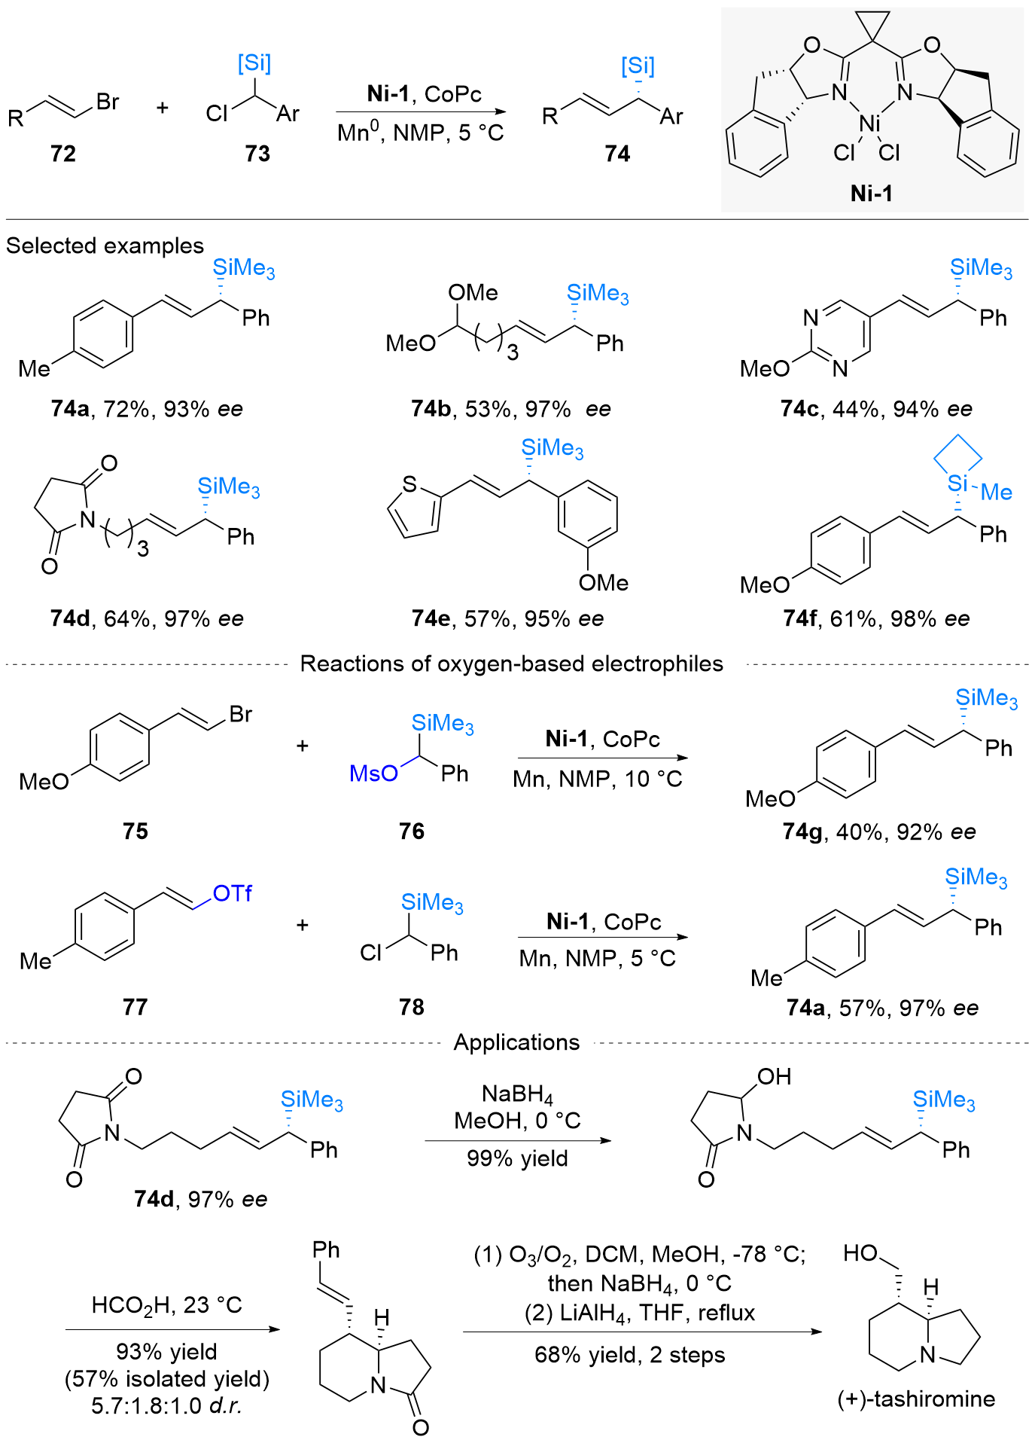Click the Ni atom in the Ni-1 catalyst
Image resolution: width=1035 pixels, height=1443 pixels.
869,123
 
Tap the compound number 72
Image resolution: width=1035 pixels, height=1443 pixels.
63,154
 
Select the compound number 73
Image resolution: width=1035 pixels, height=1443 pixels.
257,154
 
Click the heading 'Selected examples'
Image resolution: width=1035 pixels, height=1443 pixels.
105,246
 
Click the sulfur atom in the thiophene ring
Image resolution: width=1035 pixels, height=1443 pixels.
409,484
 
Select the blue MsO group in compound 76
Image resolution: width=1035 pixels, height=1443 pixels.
373,773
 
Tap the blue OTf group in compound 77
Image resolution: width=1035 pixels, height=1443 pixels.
232,894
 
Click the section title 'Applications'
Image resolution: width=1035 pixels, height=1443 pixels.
516,1042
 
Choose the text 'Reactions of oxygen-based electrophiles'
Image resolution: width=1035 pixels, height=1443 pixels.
511,664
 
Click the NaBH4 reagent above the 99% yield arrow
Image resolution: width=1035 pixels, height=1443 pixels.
517,1094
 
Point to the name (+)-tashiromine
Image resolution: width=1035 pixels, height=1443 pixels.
916,1399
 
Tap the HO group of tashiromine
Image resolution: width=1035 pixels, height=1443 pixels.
860,1253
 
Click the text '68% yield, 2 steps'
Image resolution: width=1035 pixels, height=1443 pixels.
629,1355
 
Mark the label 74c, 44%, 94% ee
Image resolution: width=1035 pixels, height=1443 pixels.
876,409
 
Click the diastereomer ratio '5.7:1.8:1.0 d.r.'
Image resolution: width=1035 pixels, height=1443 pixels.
166,1405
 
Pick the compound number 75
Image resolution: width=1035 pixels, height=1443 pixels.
135,831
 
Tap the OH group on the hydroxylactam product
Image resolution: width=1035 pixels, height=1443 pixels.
774,1077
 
